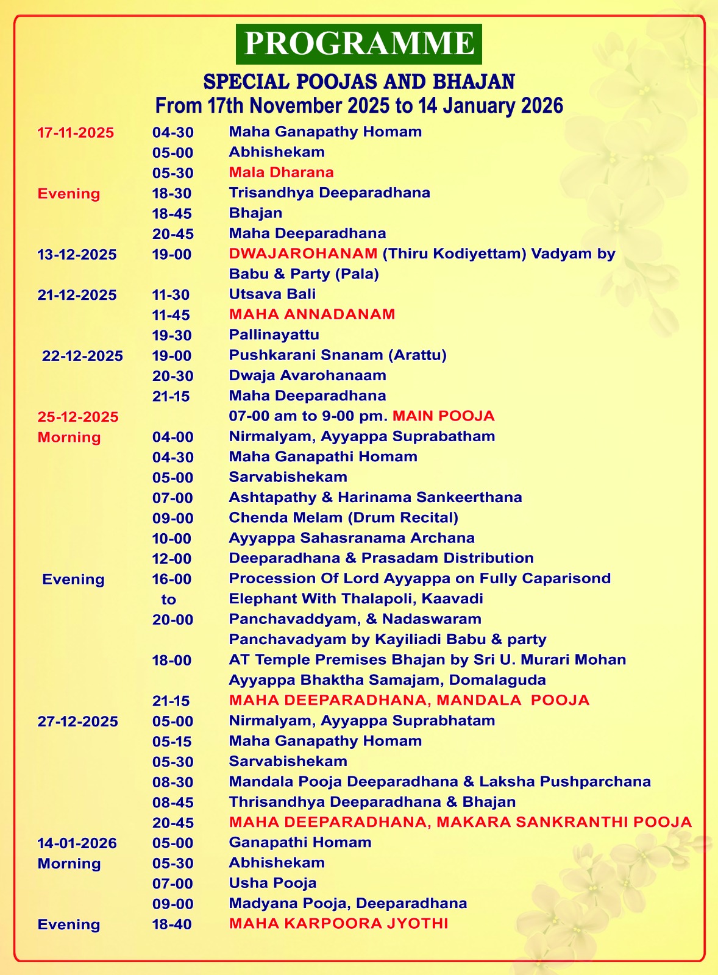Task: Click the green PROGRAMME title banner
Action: pyautogui.click(x=359, y=44)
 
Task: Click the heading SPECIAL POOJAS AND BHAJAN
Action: pyautogui.click(x=359, y=82)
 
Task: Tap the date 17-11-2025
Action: pyautogui.click(x=76, y=132)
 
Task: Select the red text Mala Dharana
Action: pyautogui.click(x=281, y=172)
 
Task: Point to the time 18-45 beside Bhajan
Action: pyautogui.click(x=172, y=213)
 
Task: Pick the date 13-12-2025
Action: pyautogui.click(x=77, y=255)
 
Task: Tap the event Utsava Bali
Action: pyautogui.click(x=272, y=294)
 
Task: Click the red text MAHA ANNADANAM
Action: pyautogui.click(x=312, y=314)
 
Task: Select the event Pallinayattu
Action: pyautogui.click(x=274, y=335)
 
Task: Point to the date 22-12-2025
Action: pyautogui.click(x=82, y=356)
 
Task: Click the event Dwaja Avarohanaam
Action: pyautogui.click(x=308, y=375)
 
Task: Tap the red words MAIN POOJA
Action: pyautogui.click(x=444, y=416)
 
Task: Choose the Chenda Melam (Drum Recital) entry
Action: pyautogui.click(x=344, y=517)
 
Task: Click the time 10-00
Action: pyautogui.click(x=172, y=539)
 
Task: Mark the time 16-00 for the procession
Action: pyautogui.click(x=172, y=579)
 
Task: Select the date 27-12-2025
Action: pyautogui.click(x=78, y=721)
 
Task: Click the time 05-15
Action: pyautogui.click(x=172, y=742)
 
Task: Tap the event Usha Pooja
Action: pyautogui.click(x=272, y=883)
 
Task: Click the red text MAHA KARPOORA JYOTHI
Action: pyautogui.click(x=339, y=924)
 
